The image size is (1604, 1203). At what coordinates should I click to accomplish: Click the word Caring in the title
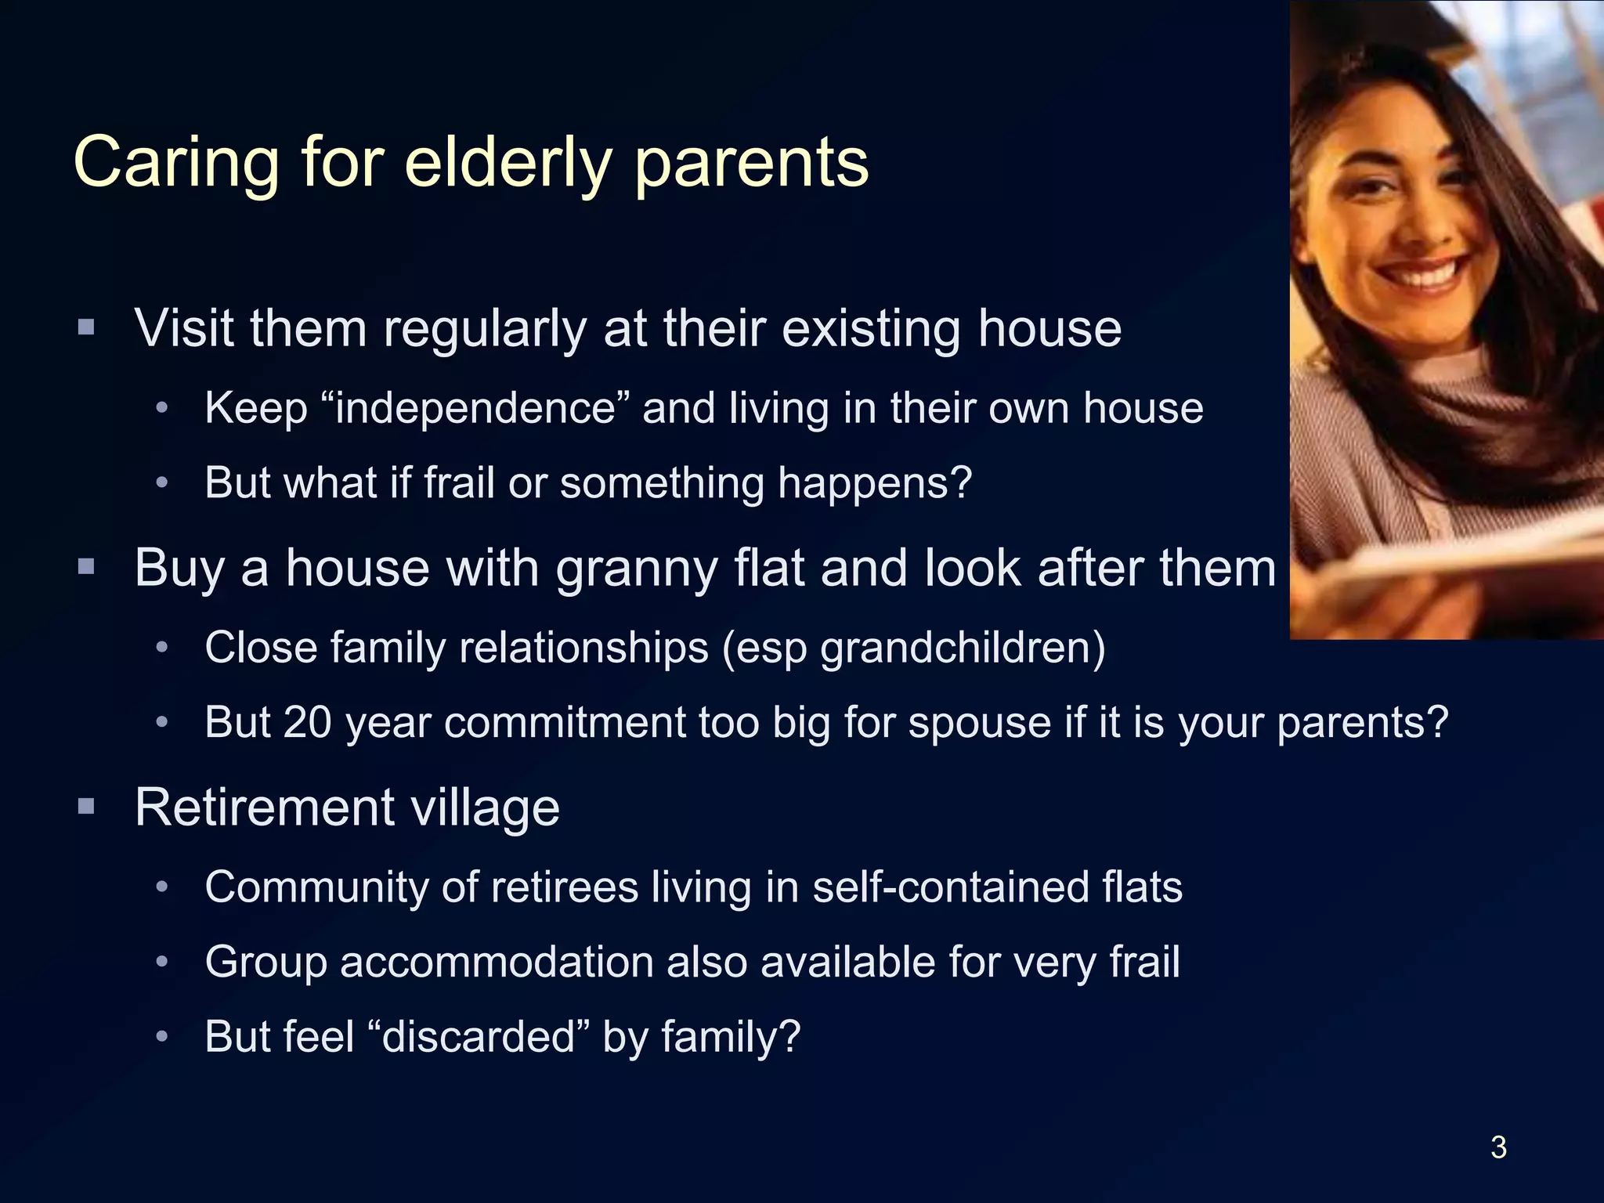click(x=176, y=163)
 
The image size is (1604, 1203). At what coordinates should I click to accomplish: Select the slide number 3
click(x=1498, y=1147)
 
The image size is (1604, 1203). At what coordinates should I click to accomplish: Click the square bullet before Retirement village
click(x=87, y=806)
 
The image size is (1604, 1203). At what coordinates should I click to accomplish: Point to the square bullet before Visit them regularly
click(x=87, y=327)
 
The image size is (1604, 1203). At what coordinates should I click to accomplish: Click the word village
click(x=485, y=807)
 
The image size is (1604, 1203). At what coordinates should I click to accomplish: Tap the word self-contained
click(x=949, y=887)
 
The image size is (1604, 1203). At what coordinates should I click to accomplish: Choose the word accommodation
click(x=497, y=962)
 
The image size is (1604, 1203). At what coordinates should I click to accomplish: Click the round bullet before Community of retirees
click(x=162, y=887)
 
